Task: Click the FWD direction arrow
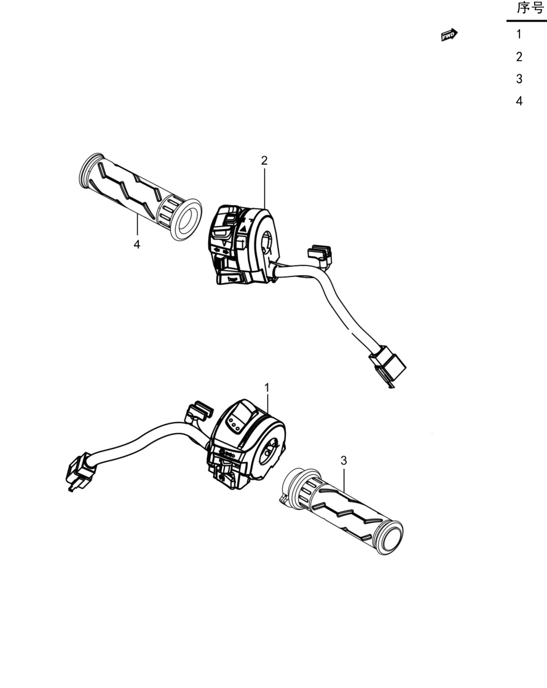pos(449,35)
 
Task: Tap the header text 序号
pos(530,9)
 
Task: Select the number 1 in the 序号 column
pos(519,34)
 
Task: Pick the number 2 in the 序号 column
pos(519,57)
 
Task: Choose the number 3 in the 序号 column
pos(519,79)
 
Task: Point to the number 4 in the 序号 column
pos(519,101)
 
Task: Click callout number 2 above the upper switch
pos(264,160)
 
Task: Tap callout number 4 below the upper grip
pos(137,244)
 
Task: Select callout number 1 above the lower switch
pos(267,388)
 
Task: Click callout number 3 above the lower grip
pos(344,461)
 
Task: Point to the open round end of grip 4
pos(187,219)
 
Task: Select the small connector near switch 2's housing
pos(320,256)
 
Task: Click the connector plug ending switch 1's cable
pos(80,471)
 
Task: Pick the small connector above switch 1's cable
pos(199,412)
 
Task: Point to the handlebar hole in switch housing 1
pos(269,451)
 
